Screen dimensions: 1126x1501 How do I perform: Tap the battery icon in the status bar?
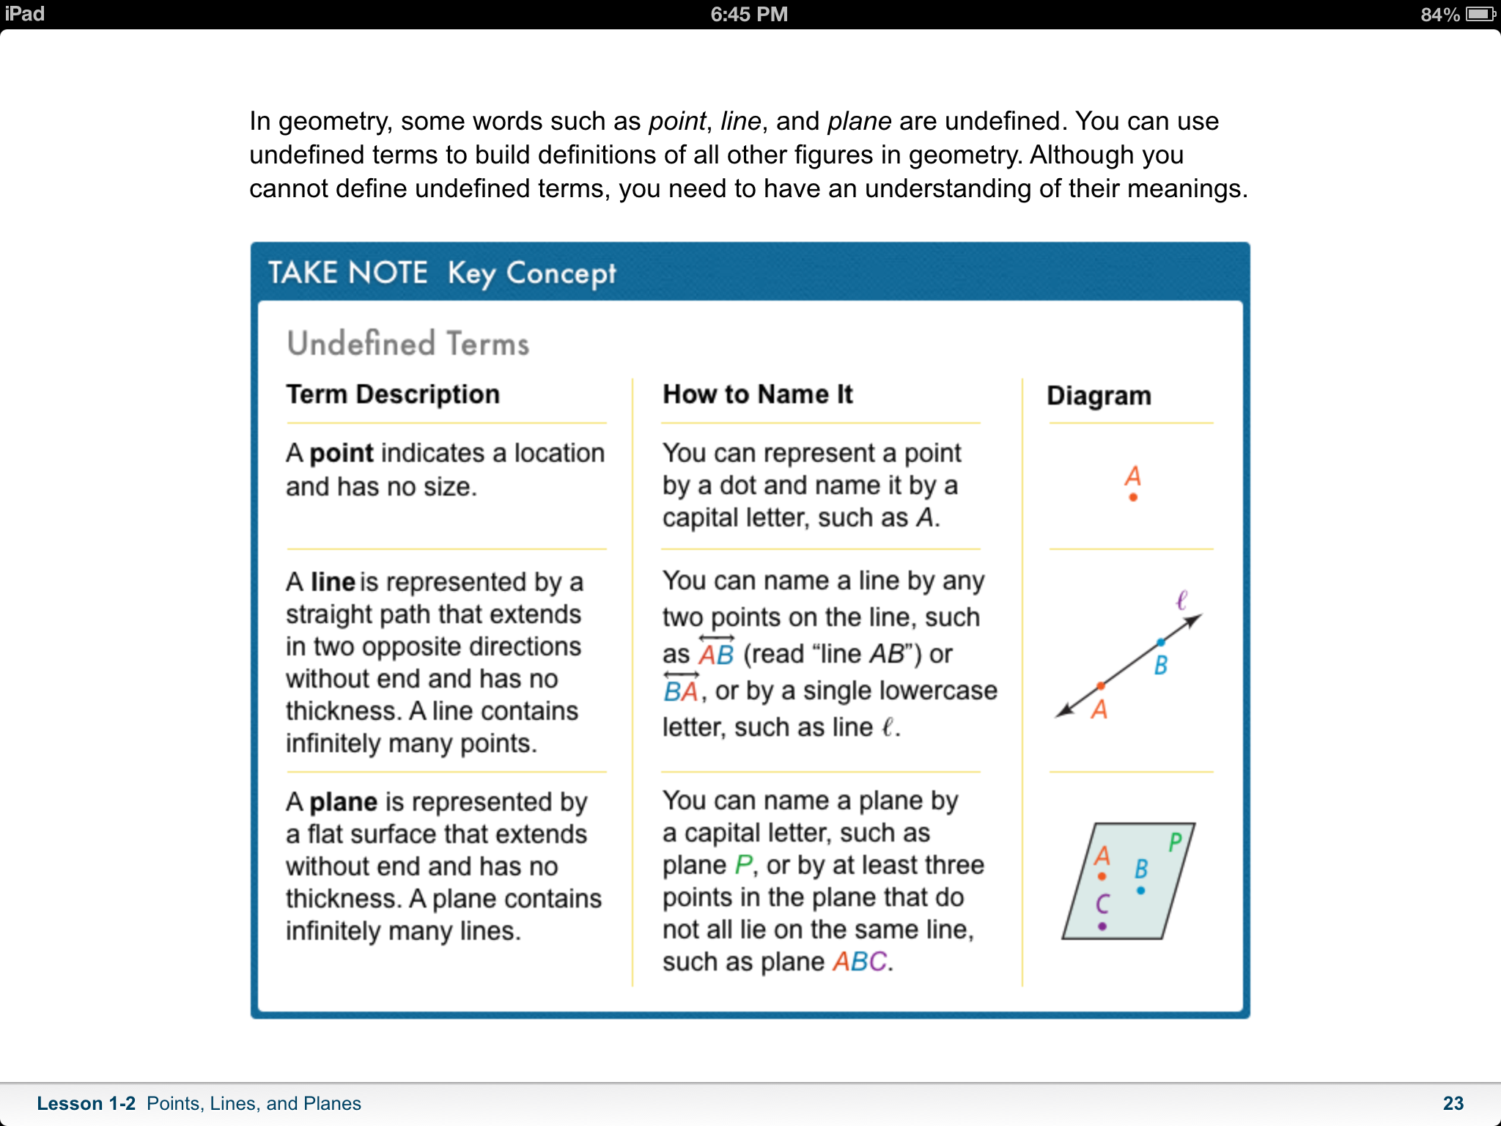1479,14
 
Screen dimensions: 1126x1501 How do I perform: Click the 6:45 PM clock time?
749,14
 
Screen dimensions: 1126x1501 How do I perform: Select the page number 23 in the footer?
1453,1103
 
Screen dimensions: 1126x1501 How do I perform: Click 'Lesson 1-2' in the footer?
86,1103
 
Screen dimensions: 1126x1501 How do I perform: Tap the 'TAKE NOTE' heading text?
347,273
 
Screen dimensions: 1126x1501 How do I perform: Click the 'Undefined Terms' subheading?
407,344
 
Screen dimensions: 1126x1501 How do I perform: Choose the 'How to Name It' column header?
757,394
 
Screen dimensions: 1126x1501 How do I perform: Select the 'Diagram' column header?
1099,396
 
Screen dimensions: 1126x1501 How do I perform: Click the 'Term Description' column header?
393,394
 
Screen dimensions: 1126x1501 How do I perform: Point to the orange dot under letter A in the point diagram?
1133,498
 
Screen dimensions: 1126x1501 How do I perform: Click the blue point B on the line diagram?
1160,643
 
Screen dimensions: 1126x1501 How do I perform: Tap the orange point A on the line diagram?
1101,686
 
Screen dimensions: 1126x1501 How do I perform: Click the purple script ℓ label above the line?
1181,600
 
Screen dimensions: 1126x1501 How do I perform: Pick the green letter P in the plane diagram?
1175,842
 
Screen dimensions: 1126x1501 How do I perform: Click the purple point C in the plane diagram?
1102,927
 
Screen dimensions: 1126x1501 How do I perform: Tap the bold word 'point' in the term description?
342,453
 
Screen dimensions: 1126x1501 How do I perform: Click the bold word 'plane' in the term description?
343,802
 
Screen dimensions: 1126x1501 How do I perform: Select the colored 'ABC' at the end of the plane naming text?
860,961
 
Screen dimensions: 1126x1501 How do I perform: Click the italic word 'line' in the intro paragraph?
740,121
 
